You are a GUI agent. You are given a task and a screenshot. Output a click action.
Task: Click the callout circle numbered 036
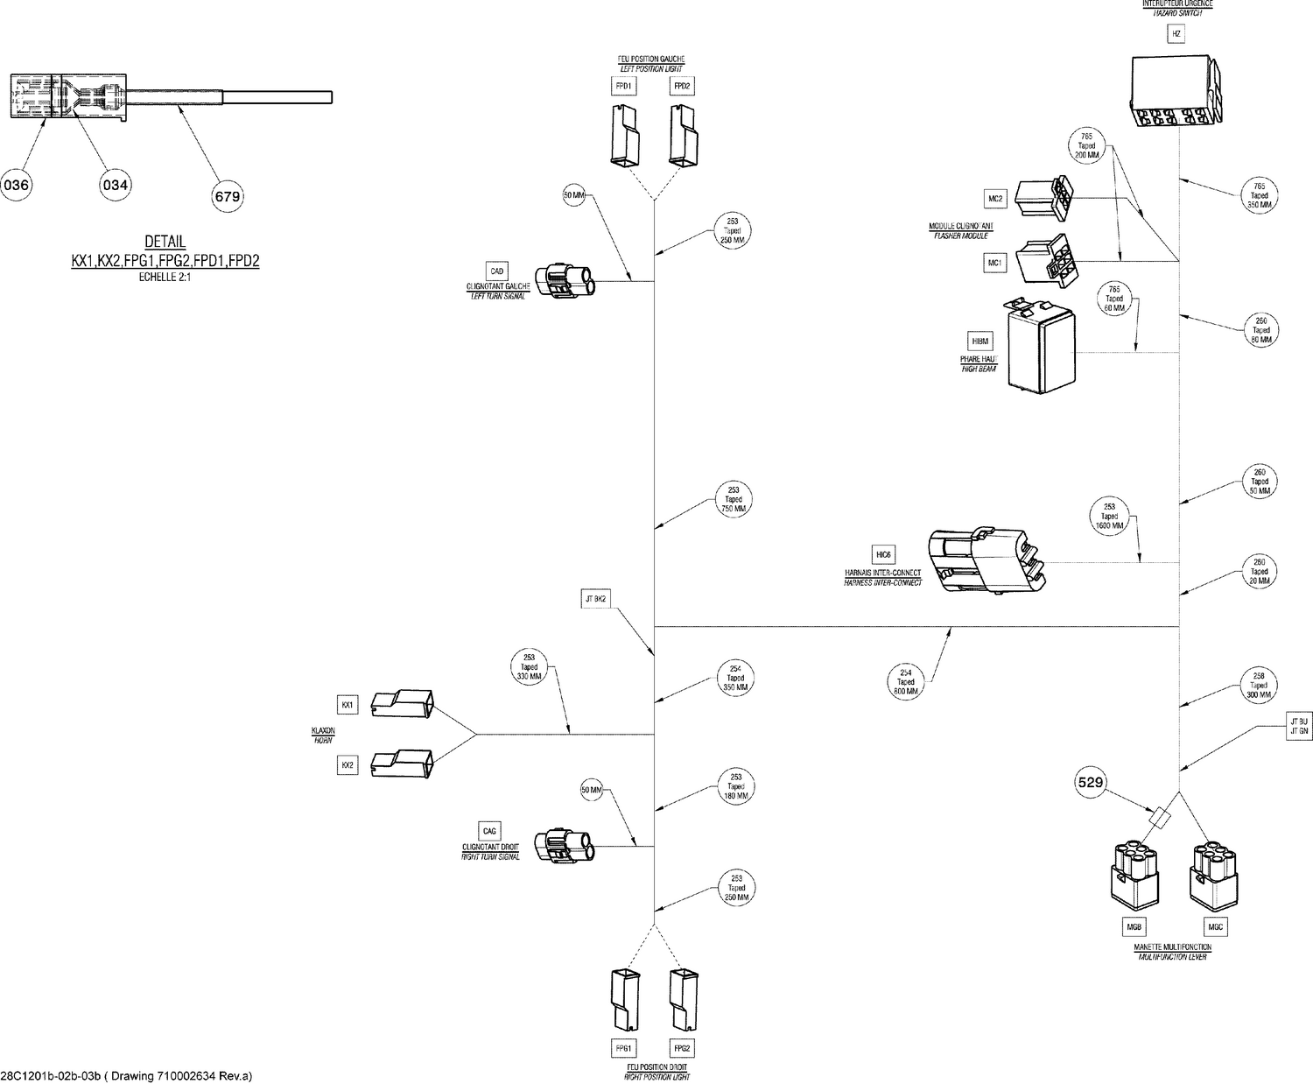17,185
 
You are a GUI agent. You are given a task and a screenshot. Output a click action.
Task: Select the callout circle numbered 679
227,196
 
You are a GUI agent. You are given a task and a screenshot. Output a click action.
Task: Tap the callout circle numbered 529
1090,783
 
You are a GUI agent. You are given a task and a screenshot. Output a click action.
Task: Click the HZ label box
1176,34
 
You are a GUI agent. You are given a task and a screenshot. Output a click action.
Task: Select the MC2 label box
995,199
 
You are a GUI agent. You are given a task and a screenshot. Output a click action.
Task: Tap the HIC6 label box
883,554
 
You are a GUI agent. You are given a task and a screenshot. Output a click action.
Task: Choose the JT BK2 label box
595,599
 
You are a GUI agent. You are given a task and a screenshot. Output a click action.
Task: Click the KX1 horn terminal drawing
402,702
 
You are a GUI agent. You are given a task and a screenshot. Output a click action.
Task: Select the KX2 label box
348,765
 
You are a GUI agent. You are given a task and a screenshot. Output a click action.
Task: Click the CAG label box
489,831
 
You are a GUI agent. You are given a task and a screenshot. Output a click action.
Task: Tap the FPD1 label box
624,86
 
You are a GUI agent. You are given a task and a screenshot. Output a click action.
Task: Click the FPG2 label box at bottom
682,1048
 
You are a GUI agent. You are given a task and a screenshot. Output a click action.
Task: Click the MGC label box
1215,926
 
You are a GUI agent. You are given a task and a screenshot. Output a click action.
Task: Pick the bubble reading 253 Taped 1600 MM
1109,516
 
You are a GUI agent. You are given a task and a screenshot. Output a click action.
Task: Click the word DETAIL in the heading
165,243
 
